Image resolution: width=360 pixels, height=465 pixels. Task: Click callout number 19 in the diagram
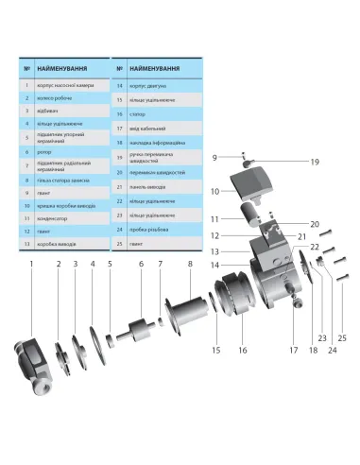pos(288,162)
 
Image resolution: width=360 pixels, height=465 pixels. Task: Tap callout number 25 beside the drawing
pos(342,337)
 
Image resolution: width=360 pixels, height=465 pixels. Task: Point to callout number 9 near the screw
pos(214,156)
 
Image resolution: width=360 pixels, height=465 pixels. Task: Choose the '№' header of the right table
pos(119,70)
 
